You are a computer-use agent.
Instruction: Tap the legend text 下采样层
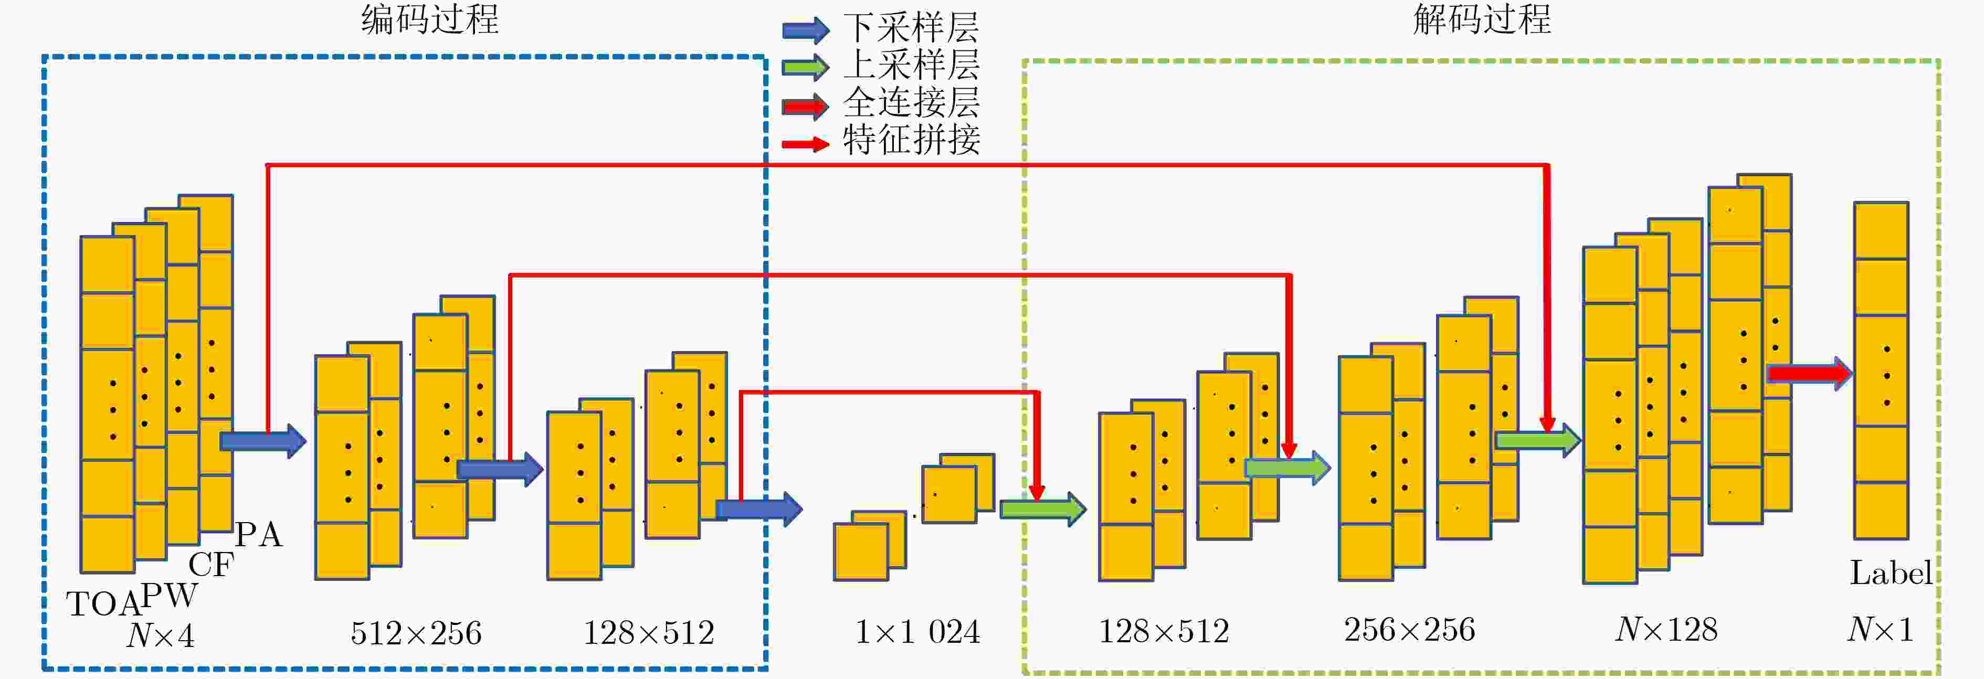(x=911, y=28)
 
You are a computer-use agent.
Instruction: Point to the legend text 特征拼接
(x=911, y=140)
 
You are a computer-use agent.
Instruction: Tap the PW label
(x=168, y=595)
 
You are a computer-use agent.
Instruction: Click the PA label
(x=259, y=534)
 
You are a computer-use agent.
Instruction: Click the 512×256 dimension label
(x=416, y=633)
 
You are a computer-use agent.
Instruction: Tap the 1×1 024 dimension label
(x=917, y=632)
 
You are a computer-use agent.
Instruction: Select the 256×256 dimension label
(x=1409, y=630)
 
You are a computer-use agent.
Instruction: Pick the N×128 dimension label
(x=1666, y=630)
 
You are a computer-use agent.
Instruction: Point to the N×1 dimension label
(x=1881, y=630)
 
